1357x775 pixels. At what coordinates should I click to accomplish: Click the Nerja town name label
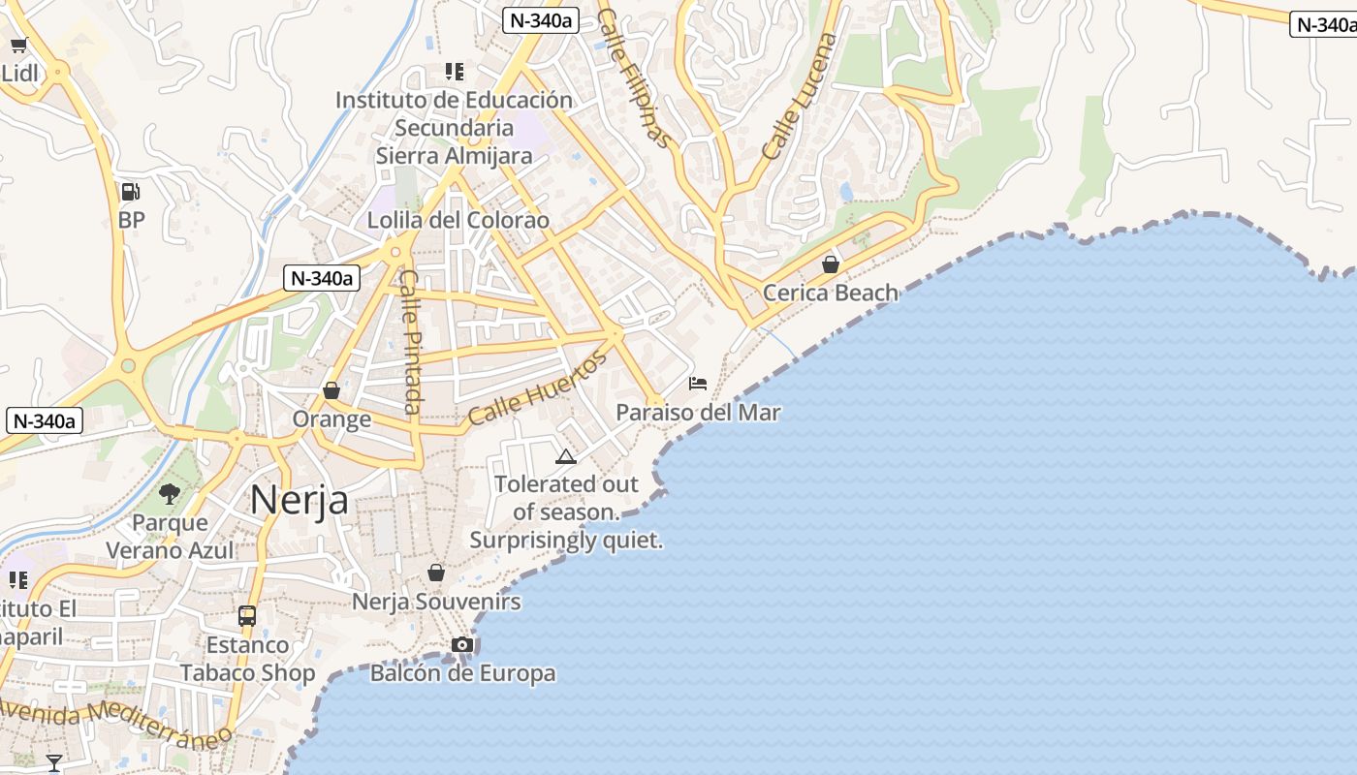click(x=299, y=500)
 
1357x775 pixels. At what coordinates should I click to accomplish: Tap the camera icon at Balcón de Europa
click(x=462, y=645)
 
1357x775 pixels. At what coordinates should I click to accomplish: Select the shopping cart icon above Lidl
click(x=18, y=45)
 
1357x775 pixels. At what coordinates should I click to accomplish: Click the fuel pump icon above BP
click(x=130, y=192)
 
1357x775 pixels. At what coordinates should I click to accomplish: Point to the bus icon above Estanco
click(x=247, y=616)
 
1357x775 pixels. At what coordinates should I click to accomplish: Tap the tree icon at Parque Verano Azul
click(x=170, y=494)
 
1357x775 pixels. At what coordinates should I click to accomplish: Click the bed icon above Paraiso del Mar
click(x=698, y=384)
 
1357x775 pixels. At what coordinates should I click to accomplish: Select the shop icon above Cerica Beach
click(x=831, y=263)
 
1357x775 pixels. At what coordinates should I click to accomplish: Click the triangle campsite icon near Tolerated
click(x=566, y=456)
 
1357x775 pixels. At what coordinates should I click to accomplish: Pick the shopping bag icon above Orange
click(x=331, y=390)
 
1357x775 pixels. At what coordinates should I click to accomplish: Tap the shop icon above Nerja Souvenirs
click(x=436, y=573)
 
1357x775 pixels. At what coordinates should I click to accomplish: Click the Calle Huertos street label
click(x=537, y=389)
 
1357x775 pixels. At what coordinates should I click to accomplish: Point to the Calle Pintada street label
click(x=411, y=341)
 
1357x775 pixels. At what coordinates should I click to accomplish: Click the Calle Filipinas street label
click(x=635, y=77)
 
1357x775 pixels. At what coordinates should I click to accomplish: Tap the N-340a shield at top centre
click(x=540, y=20)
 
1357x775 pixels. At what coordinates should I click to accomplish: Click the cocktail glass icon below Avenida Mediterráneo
click(x=54, y=763)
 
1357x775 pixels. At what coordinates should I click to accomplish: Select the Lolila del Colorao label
click(x=458, y=220)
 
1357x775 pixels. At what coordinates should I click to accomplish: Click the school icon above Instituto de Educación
click(x=454, y=71)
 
